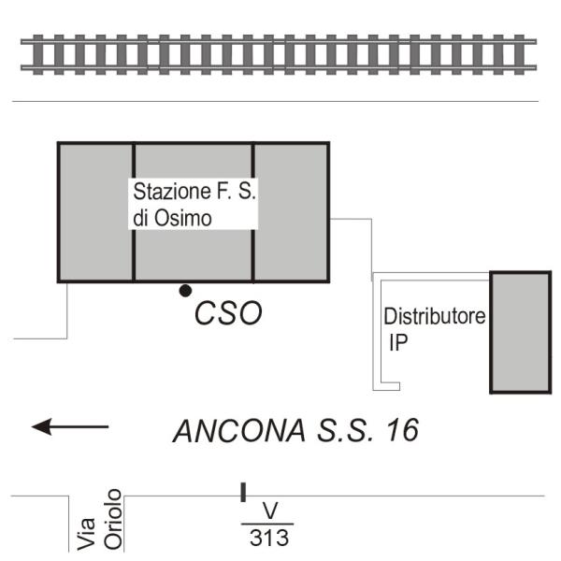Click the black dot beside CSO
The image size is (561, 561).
(186, 291)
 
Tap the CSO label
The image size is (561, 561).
(228, 314)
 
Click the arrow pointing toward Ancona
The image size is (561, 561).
(70, 427)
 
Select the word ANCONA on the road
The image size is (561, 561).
(238, 431)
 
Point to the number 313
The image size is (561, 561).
(268, 539)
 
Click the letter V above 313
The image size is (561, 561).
(270, 511)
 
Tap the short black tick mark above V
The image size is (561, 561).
(243, 492)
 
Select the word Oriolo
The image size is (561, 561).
(114, 519)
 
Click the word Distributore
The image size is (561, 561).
(435, 316)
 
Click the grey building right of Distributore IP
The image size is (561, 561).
(520, 332)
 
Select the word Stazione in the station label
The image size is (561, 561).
(167, 194)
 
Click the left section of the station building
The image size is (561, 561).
(95, 212)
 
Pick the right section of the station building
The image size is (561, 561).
(292, 212)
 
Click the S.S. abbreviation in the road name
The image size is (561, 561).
(345, 431)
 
